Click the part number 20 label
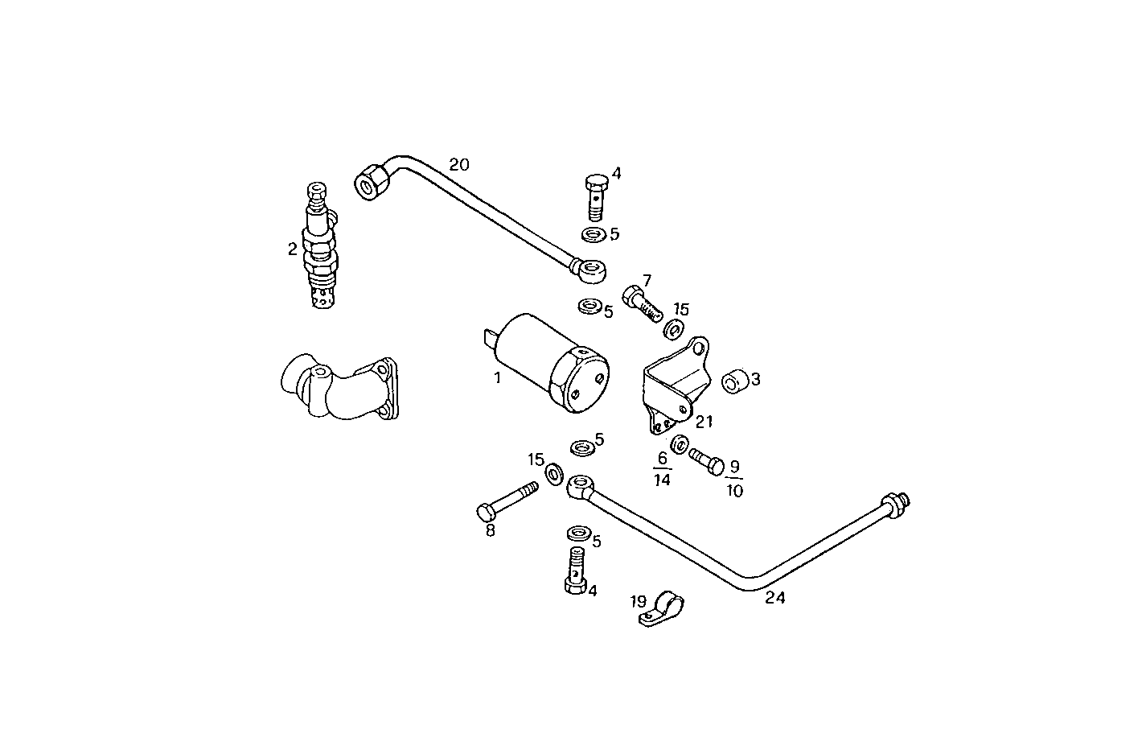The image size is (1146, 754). (458, 165)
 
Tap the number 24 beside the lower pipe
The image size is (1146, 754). (774, 598)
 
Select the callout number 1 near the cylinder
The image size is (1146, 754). (497, 377)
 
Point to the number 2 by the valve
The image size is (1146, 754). (293, 249)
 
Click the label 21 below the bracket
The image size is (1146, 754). (704, 422)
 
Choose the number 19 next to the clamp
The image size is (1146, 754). (638, 600)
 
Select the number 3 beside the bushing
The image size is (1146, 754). (755, 378)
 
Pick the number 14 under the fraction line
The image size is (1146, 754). (662, 480)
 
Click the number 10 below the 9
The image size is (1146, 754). (734, 491)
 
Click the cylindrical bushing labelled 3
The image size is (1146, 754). (733, 382)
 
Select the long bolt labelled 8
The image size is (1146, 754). (507, 500)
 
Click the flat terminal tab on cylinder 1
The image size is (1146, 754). (490, 339)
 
